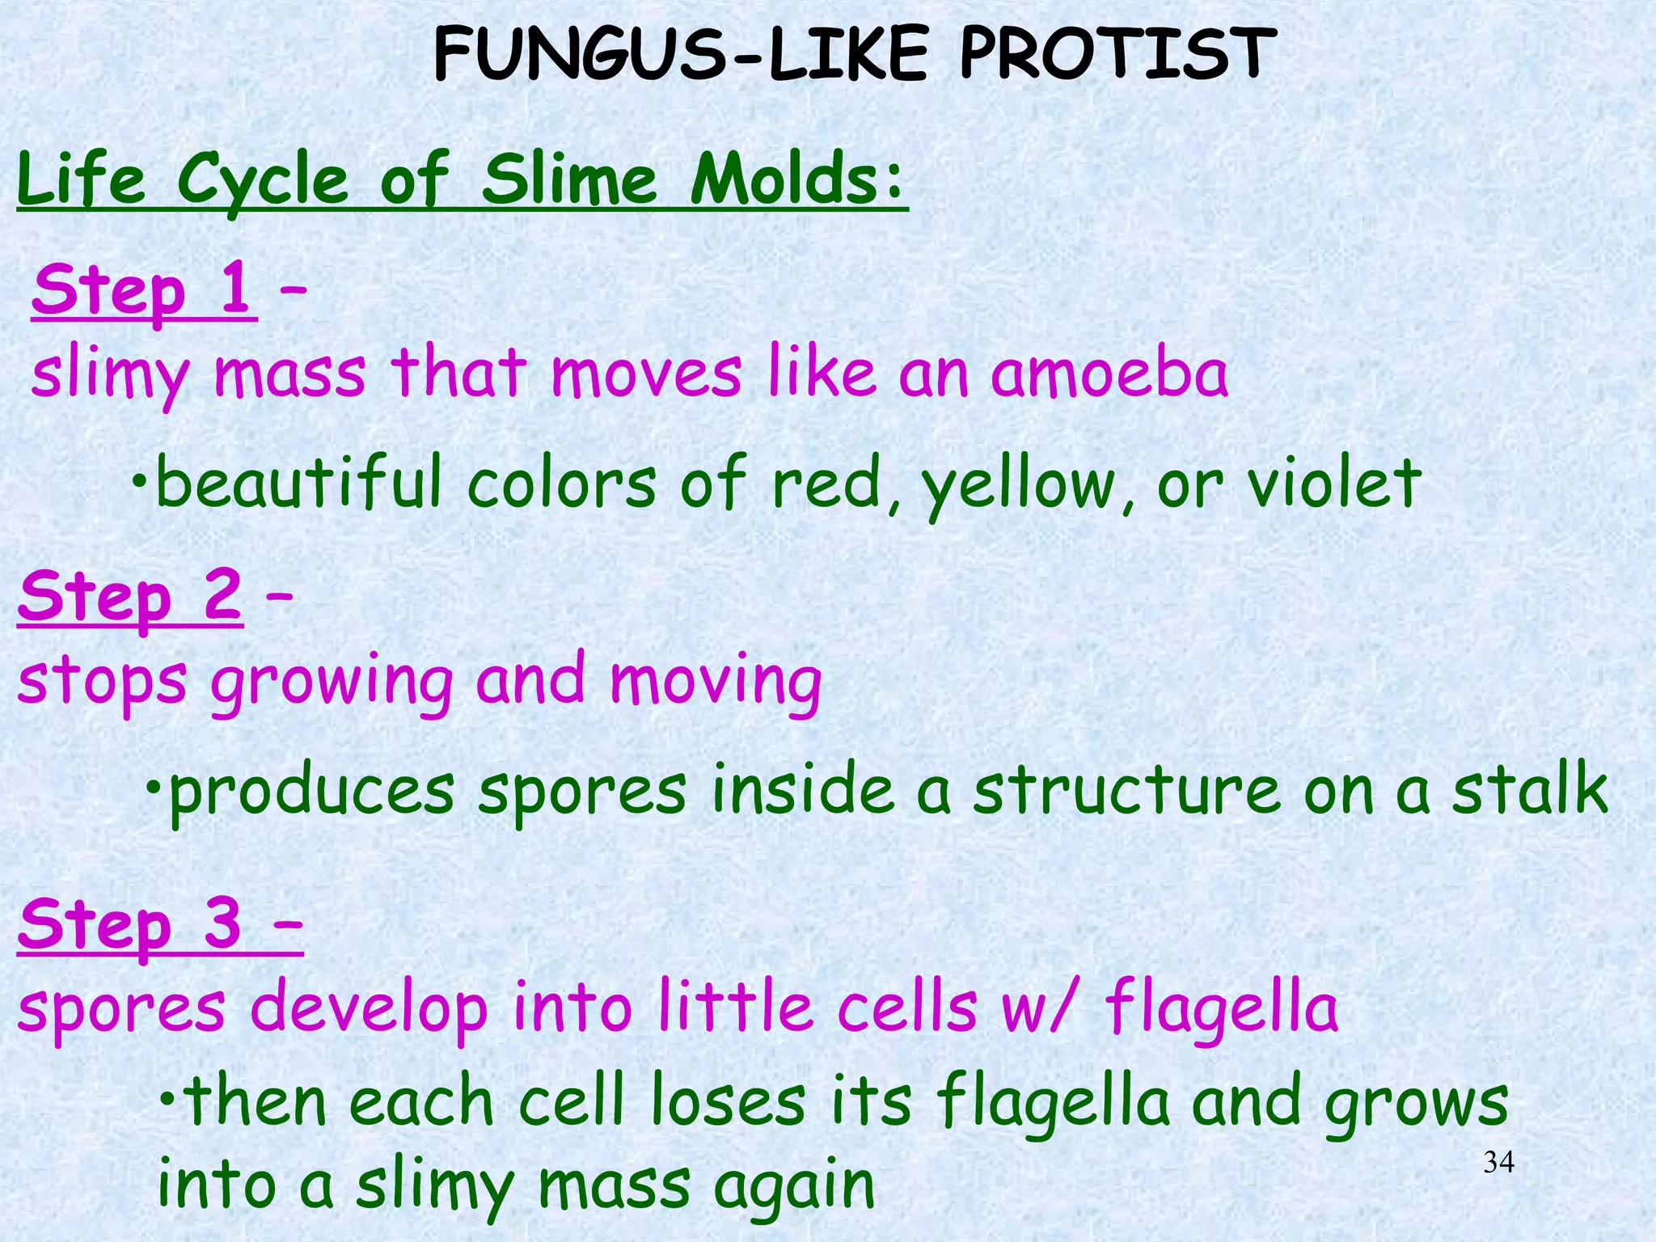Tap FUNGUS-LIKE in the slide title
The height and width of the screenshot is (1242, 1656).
tap(679, 54)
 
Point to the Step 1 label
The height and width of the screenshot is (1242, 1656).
tap(143, 290)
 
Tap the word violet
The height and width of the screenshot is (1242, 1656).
tap(1334, 483)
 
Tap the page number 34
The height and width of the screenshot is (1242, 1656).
tap(1499, 1163)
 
